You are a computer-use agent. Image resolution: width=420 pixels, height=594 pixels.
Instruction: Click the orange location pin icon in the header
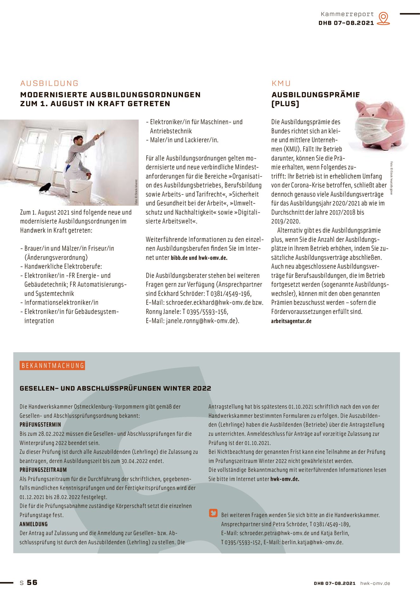pyautogui.click(x=383, y=18)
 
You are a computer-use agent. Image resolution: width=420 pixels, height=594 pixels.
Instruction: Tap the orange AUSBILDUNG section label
pyautogui.click(x=49, y=83)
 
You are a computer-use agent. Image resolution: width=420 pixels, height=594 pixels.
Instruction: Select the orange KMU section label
pyautogui.click(x=281, y=83)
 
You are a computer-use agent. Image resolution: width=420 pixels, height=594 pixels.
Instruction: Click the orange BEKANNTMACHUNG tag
pyautogui.click(x=53, y=366)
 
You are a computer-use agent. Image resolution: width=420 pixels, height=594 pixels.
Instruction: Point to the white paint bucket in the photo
pyautogui.click(x=80, y=191)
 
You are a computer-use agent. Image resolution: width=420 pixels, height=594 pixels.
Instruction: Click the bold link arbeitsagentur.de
pyautogui.click(x=291, y=321)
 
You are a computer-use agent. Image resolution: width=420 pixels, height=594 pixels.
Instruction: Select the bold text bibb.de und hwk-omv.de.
pyautogui.click(x=199, y=258)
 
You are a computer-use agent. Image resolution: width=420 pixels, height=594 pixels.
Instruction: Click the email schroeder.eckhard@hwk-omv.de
pyautogui.click(x=208, y=303)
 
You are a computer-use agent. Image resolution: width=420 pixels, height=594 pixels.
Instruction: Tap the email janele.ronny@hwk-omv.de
pyautogui.click(x=201, y=321)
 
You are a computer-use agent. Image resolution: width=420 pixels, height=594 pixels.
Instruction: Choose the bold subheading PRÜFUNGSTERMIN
pyautogui.click(x=40, y=425)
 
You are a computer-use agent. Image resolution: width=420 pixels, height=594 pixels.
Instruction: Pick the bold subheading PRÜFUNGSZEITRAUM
pyautogui.click(x=43, y=470)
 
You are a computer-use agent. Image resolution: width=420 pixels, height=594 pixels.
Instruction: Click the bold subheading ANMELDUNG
pyautogui.click(x=34, y=524)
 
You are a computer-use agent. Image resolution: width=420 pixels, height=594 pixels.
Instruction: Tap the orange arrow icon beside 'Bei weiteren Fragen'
pyautogui.click(x=213, y=513)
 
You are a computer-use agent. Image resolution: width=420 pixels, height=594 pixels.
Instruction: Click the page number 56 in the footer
pyautogui.click(x=32, y=583)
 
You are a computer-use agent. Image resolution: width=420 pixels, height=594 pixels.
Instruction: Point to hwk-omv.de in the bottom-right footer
pyautogui.click(x=375, y=583)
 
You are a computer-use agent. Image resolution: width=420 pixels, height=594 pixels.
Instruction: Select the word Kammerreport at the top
pyautogui.click(x=347, y=14)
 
